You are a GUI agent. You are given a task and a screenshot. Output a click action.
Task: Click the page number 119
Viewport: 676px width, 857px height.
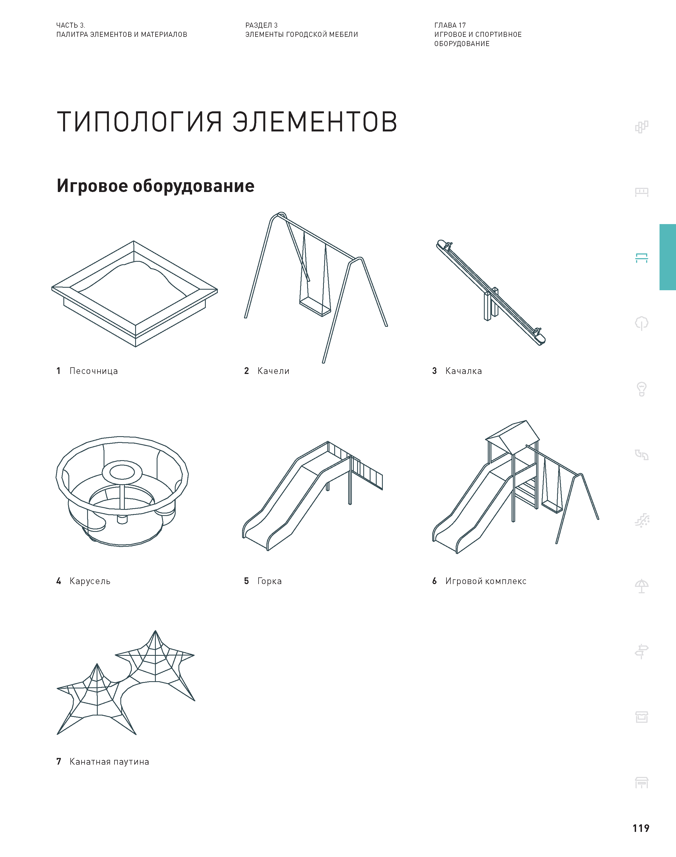pyautogui.click(x=640, y=828)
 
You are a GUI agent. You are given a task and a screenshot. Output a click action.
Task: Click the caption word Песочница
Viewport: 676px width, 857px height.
pyautogui.click(x=94, y=371)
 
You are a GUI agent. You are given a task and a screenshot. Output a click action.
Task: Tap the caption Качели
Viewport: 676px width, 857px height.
pyautogui.click(x=273, y=371)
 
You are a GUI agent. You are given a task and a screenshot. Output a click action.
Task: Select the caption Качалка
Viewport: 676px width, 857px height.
pyautogui.click(x=463, y=371)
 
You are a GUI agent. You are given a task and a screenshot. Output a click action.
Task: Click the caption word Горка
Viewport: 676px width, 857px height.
pyautogui.click(x=269, y=581)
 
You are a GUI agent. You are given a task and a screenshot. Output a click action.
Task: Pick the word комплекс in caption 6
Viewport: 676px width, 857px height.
pyautogui.click(x=505, y=581)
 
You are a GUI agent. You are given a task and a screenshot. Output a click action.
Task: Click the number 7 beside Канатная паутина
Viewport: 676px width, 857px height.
pyautogui.click(x=59, y=762)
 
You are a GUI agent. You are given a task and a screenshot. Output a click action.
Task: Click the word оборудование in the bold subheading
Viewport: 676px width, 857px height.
pyautogui.click(x=193, y=186)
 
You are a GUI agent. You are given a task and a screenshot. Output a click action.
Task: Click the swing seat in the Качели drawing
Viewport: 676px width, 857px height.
pyautogui.click(x=315, y=307)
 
